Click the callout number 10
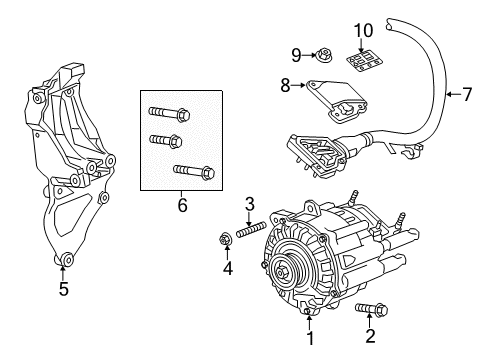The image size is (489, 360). [x=363, y=31]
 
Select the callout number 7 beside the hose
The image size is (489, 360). [x=467, y=95]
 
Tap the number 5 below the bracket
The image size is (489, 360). [x=64, y=288]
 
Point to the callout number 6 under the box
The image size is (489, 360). [x=182, y=205]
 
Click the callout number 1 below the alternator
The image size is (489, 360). [x=310, y=338]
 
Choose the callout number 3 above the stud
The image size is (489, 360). [x=250, y=205]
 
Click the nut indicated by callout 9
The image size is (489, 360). [x=322, y=55]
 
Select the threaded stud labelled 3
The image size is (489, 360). [x=251, y=230]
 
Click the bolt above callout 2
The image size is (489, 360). [x=371, y=309]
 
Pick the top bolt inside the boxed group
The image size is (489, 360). [x=169, y=113]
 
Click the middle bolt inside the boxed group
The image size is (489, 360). [x=165, y=140]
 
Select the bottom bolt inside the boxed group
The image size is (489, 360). [x=194, y=171]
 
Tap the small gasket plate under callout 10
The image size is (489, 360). [x=364, y=60]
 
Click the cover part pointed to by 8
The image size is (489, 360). [x=336, y=100]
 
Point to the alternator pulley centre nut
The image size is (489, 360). [x=281, y=273]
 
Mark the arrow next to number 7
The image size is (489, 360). [x=454, y=95]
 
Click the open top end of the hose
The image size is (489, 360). [x=390, y=24]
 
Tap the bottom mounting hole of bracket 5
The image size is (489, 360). [x=67, y=259]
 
